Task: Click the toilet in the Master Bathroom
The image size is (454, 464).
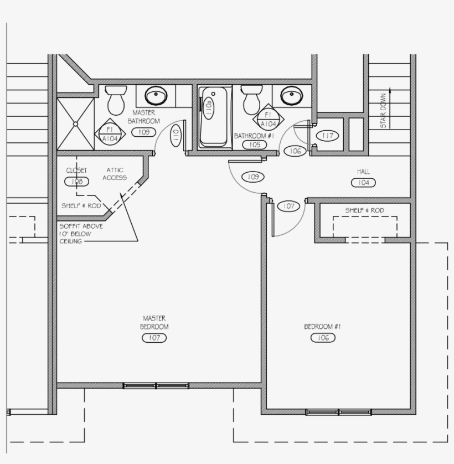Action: pos(116,100)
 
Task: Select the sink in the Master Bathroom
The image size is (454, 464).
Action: pos(156,96)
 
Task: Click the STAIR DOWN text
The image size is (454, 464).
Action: pos(383,111)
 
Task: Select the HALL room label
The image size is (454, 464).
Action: pos(363,172)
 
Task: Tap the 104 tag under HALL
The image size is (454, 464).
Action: pos(363,182)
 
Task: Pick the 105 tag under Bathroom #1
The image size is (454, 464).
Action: pos(255,145)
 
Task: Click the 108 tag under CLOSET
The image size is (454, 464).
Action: pos(77,181)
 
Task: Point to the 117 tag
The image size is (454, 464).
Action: pos(327,135)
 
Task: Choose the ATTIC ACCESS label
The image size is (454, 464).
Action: pos(115,174)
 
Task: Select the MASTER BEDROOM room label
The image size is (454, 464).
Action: pos(154,322)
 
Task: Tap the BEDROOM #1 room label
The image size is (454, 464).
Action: pos(323,327)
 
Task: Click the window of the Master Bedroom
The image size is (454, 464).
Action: pos(156,385)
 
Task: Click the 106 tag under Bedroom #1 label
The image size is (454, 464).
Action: pos(323,338)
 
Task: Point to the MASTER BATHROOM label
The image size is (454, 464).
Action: pos(144,116)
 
